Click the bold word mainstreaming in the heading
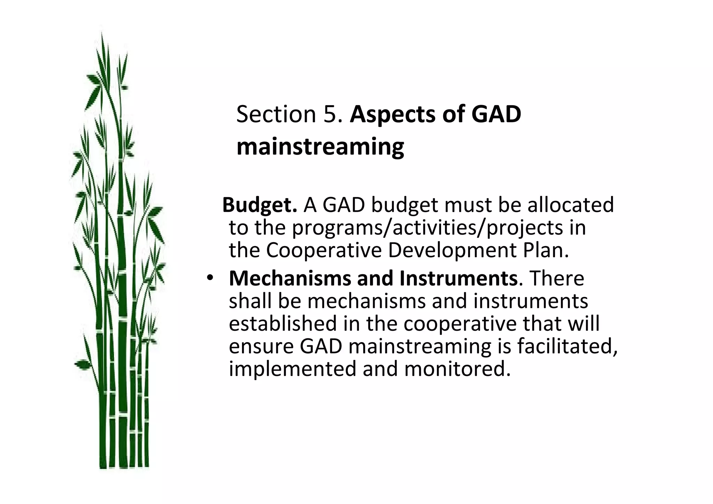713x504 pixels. [x=320, y=147]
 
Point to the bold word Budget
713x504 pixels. [x=259, y=205]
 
